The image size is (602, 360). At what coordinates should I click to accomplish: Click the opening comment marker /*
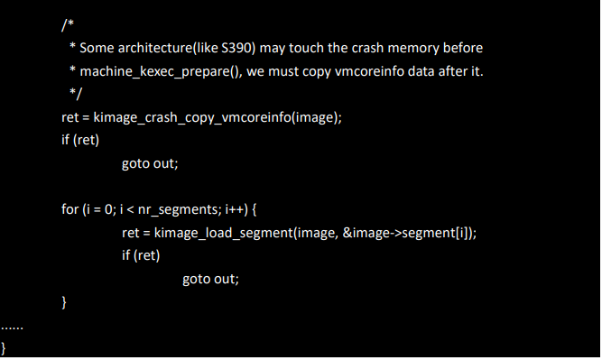click(x=68, y=24)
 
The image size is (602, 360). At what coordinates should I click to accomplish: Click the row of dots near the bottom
click(x=13, y=324)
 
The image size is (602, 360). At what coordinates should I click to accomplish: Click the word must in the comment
click(x=286, y=70)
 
